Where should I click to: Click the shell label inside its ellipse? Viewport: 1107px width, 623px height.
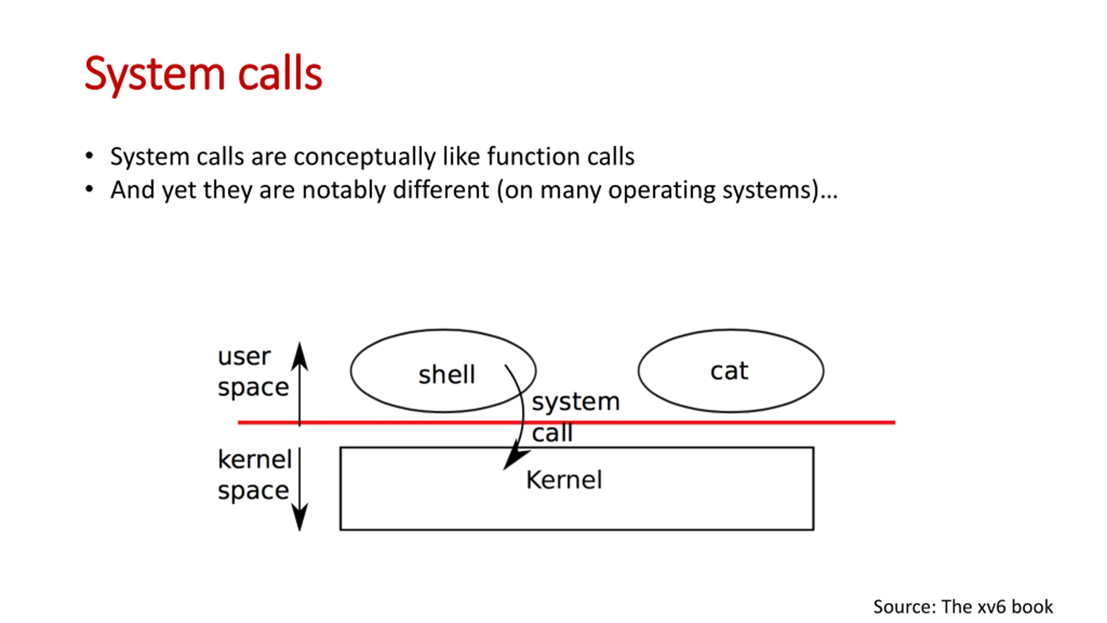pos(446,374)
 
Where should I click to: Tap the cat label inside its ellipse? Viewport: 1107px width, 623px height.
pos(729,371)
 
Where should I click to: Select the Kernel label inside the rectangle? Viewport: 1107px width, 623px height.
pos(563,480)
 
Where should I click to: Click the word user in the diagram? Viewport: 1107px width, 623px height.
pos(244,357)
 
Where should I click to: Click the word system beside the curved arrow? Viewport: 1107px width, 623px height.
pos(576,401)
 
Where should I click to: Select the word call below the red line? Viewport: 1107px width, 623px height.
pos(552,433)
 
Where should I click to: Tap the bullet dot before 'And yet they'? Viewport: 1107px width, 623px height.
pos(90,189)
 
